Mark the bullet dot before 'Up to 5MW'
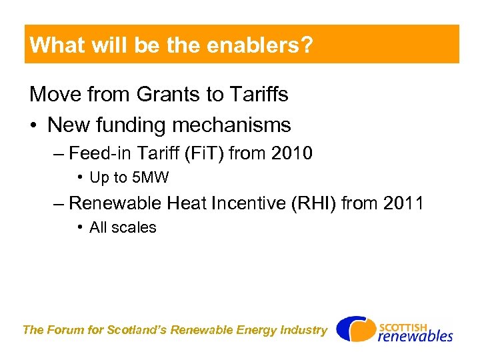point(79,178)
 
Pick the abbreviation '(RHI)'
point(313,203)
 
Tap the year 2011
point(403,203)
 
